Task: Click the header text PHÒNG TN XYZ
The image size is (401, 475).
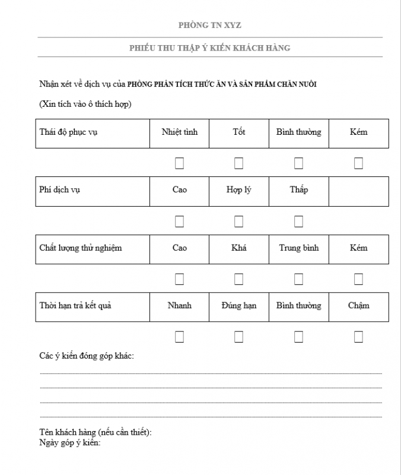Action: (210, 25)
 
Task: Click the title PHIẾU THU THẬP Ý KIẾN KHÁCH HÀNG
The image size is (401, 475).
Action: (210, 47)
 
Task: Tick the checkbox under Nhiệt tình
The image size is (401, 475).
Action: (179, 163)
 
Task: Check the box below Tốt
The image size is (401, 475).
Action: (238, 163)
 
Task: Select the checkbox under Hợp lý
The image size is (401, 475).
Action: (238, 221)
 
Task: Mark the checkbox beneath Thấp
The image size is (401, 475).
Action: (298, 221)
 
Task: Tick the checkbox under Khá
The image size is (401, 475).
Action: (238, 279)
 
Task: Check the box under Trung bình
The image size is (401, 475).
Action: (298, 279)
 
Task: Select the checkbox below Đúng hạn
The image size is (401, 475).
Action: (238, 337)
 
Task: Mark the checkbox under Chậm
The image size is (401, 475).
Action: (358, 337)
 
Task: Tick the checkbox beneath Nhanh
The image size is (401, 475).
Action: (179, 337)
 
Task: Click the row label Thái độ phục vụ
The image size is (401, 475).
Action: (68, 132)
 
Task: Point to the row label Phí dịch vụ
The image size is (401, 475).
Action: (59, 190)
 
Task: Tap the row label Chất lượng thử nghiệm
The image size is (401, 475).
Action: (80, 248)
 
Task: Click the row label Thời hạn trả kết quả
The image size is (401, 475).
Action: (75, 306)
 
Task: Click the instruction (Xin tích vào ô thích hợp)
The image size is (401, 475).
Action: (85, 104)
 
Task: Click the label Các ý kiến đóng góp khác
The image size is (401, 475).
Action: (87, 356)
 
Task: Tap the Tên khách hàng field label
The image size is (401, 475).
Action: (95, 432)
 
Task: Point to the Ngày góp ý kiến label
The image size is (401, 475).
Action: (70, 442)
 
